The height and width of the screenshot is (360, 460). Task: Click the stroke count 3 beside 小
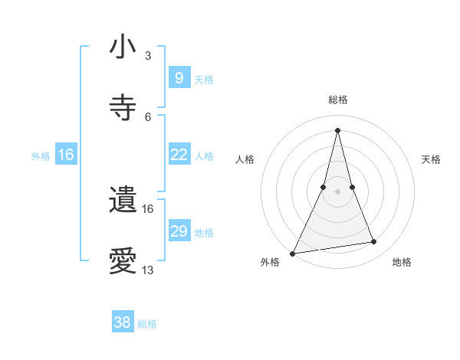(x=148, y=56)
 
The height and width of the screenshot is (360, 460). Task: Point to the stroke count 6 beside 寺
(x=148, y=116)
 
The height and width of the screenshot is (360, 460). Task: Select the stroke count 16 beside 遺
(x=148, y=208)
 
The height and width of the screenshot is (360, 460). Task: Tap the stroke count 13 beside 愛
(x=148, y=270)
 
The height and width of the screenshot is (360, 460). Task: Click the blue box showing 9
(x=179, y=78)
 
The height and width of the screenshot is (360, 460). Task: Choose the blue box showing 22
(x=179, y=155)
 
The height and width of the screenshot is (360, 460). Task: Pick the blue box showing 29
(x=179, y=231)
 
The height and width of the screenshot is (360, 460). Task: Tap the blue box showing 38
(x=123, y=322)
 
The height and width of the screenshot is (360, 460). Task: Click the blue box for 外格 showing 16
(x=66, y=155)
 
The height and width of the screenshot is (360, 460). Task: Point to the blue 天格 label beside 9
(x=204, y=79)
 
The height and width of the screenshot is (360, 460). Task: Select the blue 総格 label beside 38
(x=147, y=324)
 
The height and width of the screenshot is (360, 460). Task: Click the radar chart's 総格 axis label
(x=337, y=100)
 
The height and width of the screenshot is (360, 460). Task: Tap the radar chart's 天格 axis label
(x=432, y=159)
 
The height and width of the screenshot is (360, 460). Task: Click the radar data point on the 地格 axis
(x=374, y=242)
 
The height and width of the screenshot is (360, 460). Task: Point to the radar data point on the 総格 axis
(x=337, y=130)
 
